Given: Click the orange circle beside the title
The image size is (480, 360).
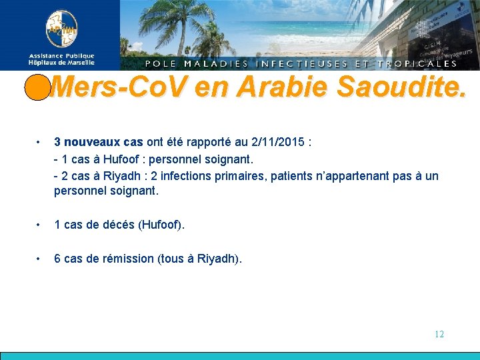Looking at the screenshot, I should pos(36,87).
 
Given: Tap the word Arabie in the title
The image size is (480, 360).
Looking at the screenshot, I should pos(288,87).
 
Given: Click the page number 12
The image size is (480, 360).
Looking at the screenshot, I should pos(439,334).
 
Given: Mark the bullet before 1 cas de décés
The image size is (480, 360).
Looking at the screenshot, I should pos(40,225).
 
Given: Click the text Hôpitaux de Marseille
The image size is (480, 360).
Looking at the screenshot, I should pos(61,63).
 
